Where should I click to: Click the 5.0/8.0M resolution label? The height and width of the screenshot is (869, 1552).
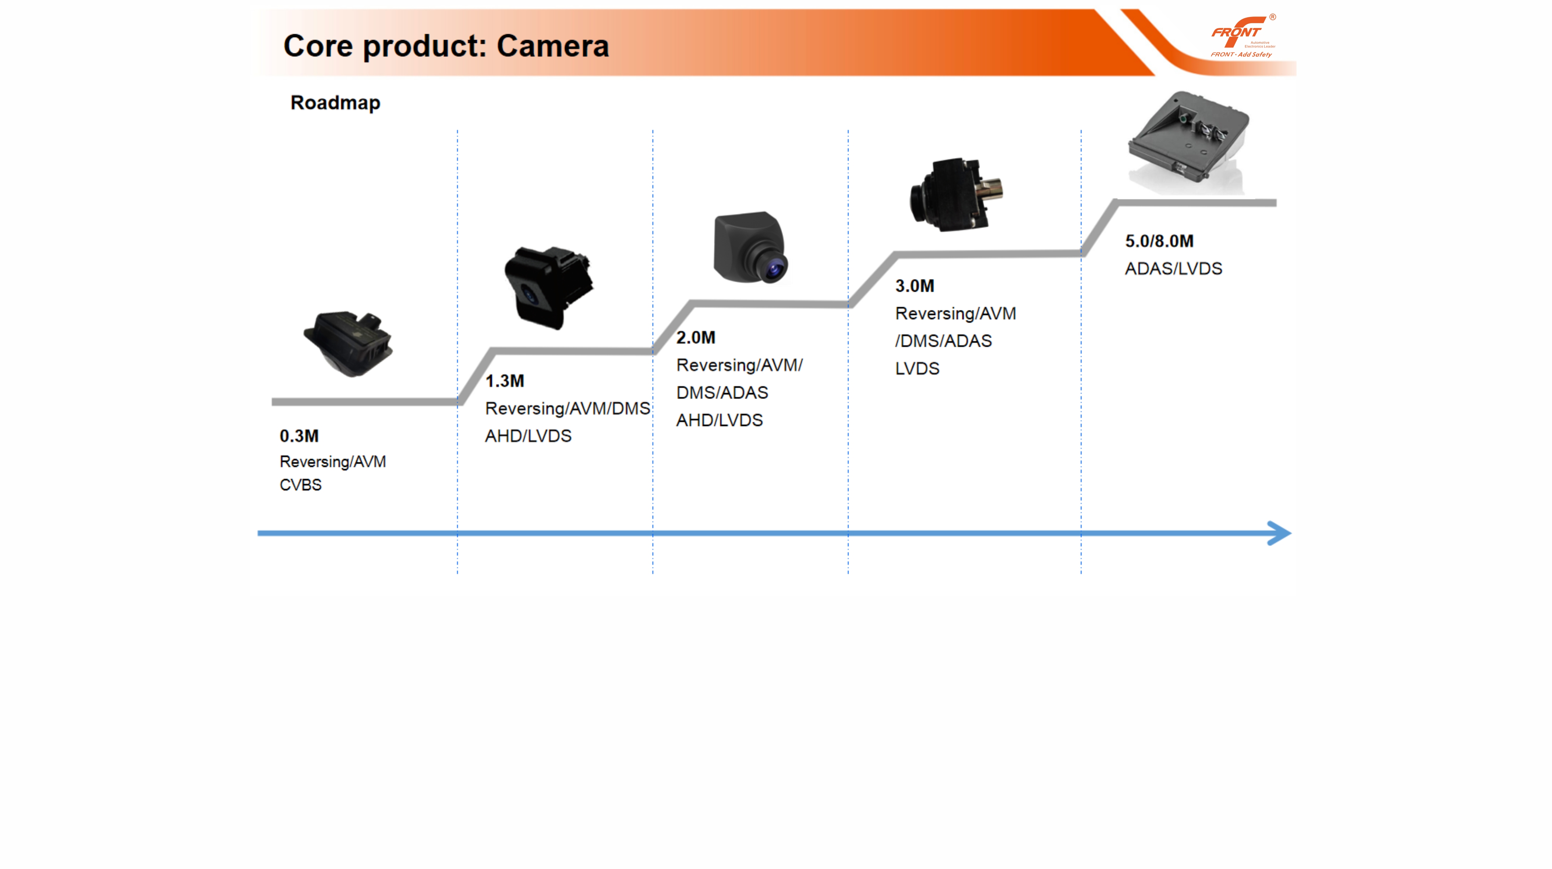click(1159, 241)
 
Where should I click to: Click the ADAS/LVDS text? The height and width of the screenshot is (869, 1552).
click(1173, 268)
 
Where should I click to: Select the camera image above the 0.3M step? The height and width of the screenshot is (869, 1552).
click(348, 343)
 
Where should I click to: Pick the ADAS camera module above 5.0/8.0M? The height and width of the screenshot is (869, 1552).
click(1187, 142)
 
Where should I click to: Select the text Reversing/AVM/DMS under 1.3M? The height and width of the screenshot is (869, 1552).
click(567, 408)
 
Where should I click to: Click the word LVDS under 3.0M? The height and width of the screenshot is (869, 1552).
click(917, 368)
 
